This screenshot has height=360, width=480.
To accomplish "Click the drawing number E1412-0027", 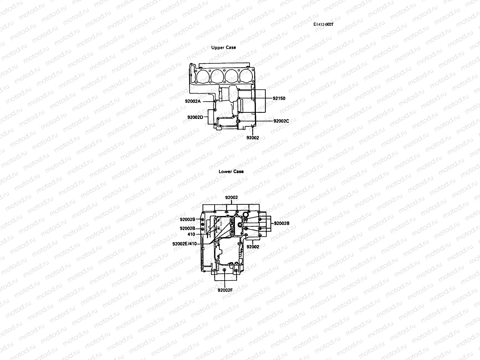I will pos(323,25).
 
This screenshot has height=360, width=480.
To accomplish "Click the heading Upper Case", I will pos(223,47).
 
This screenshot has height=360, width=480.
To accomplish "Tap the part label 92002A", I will pos(193,101).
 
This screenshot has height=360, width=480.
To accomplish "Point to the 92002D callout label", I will pos(195,117).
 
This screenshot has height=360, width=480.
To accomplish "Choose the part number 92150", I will pos(279,98).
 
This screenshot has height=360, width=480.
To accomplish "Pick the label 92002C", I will pos(281,121).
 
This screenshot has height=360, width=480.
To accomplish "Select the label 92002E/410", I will pos(184,244).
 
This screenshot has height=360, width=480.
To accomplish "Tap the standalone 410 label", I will pos(191,234).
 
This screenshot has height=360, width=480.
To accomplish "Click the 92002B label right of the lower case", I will pos(281,223).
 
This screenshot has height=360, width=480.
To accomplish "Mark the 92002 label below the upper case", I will pos(253,138).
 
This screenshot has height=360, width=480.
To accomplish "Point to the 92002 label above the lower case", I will pos(231,197).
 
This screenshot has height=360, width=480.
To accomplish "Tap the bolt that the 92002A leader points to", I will pos(215,101).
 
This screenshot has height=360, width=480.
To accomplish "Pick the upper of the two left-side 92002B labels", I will pos(187,219).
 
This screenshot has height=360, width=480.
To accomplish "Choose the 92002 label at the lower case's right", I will pos(253,247).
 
